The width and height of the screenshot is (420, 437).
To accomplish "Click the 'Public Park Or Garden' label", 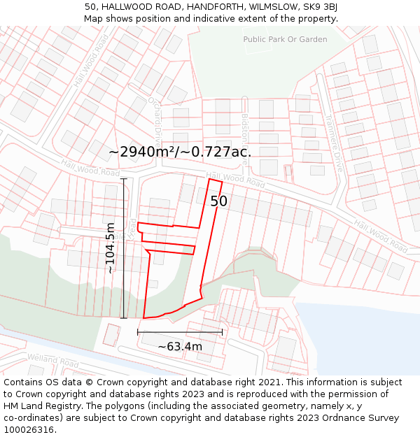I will point(285,39).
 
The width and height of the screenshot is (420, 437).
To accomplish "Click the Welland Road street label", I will point(53,361).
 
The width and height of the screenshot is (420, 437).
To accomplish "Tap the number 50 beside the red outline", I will point(219,201).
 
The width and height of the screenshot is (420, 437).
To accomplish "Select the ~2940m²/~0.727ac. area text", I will point(180,152).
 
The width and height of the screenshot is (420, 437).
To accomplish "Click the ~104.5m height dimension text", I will point(110,248).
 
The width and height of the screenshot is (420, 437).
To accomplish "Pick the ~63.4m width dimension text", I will point(180,346).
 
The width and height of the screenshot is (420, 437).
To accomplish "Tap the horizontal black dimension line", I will point(180,331).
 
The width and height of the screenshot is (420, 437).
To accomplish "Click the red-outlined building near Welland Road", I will point(111,335).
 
